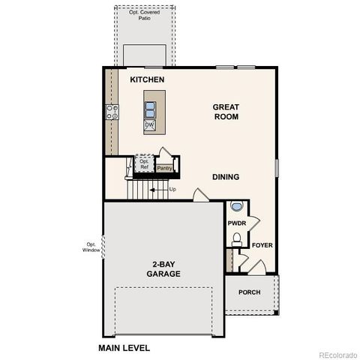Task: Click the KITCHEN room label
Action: point(147,79)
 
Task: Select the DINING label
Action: point(225,178)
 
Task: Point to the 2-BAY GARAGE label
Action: point(163,270)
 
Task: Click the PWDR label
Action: point(237,223)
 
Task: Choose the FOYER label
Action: point(262,245)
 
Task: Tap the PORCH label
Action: point(249,292)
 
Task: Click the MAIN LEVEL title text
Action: point(124,348)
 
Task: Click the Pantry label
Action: point(164,168)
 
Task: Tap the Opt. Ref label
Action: point(144,163)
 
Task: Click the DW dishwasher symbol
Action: point(149,125)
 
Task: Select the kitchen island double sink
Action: point(150,105)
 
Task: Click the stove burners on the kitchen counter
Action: point(112,112)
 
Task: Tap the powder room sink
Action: point(237,206)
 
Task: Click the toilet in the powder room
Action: point(236,239)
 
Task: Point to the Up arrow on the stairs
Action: point(159,189)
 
